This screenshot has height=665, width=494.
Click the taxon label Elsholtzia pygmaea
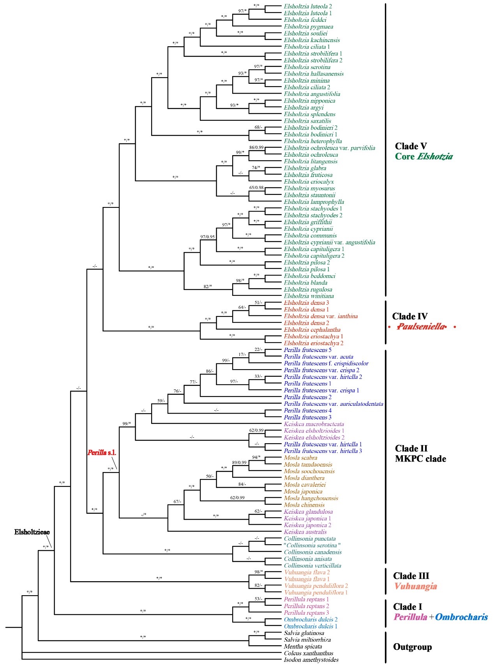click(308, 27)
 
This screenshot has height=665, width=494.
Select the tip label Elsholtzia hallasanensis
click(314, 74)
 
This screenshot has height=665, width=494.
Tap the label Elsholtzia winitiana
click(309, 296)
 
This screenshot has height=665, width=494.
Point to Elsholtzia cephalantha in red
click(312, 330)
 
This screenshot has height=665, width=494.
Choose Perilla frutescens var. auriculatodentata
click(333, 404)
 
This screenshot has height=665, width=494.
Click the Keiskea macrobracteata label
click(314, 424)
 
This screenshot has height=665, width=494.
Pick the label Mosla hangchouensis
click(311, 498)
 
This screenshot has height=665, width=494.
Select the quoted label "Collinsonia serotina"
click(312, 545)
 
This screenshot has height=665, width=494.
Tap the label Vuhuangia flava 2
click(307, 572)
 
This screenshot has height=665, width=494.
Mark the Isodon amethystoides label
click(311, 660)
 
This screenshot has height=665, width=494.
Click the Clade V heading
click(411, 146)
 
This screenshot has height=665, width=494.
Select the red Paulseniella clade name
click(420, 327)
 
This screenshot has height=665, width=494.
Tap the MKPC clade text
click(420, 459)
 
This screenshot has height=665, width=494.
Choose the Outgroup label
click(412, 647)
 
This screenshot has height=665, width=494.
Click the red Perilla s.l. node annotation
click(102, 453)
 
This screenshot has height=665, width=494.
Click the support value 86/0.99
click(256, 147)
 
